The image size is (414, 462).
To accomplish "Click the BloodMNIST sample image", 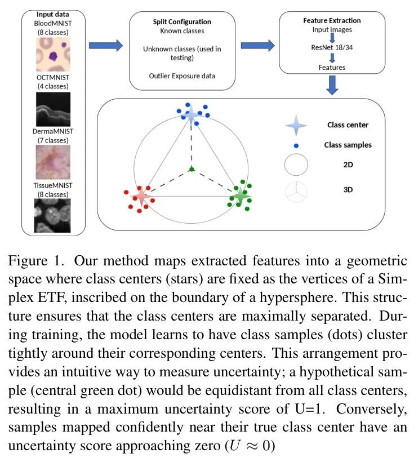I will [54, 55].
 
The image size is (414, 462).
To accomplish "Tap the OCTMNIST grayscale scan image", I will [54, 109].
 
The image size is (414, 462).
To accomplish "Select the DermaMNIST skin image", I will [54, 162].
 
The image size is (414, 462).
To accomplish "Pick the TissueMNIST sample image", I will [54, 215].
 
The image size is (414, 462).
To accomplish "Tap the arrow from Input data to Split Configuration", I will [106, 46].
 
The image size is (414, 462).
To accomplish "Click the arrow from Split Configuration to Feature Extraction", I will [257, 46].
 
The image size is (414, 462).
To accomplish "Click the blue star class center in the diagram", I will [192, 115].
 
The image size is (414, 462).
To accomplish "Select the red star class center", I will [141, 197].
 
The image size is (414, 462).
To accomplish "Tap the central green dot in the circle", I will [192, 169].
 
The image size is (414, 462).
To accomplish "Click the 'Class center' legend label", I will [348, 125].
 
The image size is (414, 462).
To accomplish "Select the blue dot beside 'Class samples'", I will [296, 145].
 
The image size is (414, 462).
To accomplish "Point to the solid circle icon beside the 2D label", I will [297, 167].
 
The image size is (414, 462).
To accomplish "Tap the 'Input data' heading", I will [54, 14].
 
